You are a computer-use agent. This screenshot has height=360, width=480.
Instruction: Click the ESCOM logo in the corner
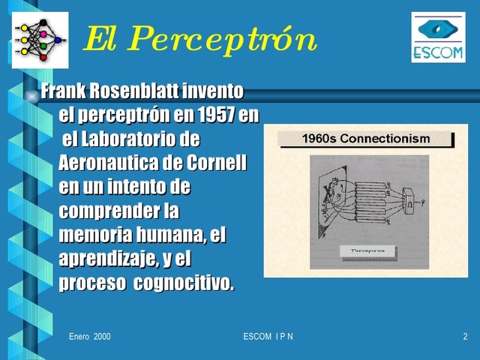438,37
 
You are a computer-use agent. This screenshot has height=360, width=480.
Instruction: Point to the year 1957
215,116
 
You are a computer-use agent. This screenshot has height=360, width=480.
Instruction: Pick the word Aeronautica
113,163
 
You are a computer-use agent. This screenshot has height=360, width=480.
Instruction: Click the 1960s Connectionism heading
365,139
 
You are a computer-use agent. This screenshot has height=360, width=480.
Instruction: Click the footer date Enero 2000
89,337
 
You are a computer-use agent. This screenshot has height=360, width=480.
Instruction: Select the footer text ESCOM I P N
268,337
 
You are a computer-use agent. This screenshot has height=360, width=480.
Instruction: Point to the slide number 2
465,337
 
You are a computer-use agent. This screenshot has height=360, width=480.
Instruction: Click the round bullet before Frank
31,93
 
